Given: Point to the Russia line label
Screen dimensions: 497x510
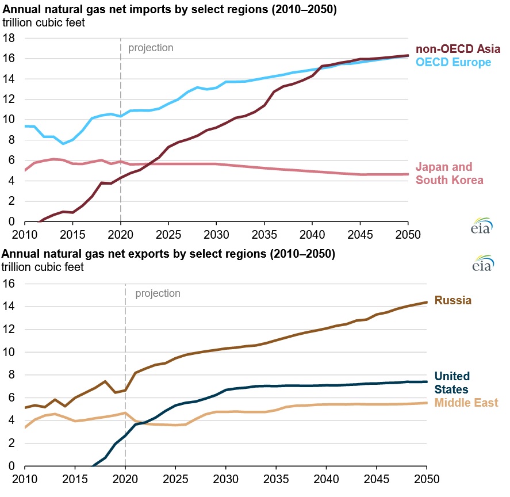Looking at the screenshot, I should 453,300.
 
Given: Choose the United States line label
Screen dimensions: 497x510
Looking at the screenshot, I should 451,383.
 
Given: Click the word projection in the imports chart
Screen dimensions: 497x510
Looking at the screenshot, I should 151,48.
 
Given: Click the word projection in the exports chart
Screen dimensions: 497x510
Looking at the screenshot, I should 158,293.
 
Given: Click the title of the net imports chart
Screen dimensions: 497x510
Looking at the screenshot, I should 169,10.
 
